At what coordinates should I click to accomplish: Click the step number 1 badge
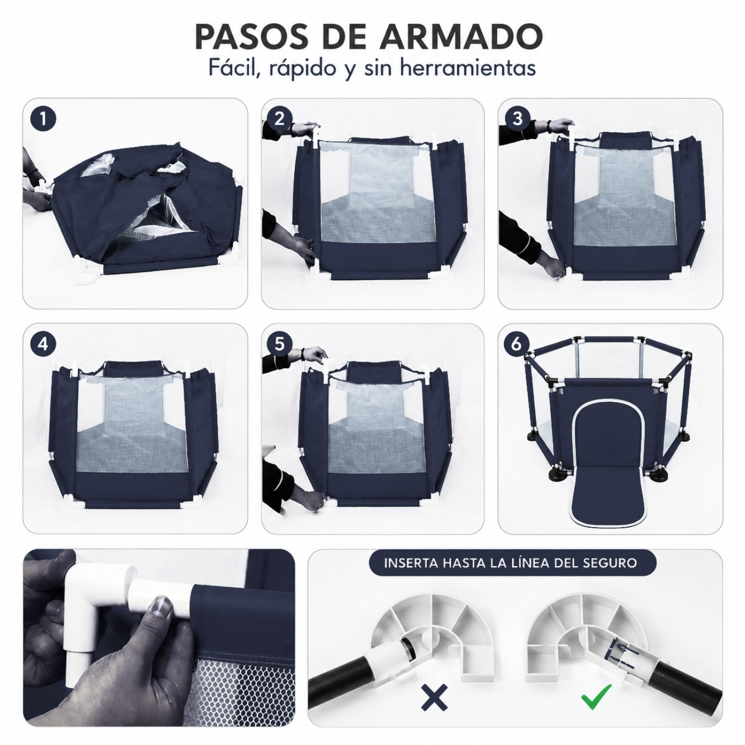[x=43, y=119]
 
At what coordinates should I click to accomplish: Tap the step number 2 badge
[x=280, y=119]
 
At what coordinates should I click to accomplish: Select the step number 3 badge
[x=517, y=119]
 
